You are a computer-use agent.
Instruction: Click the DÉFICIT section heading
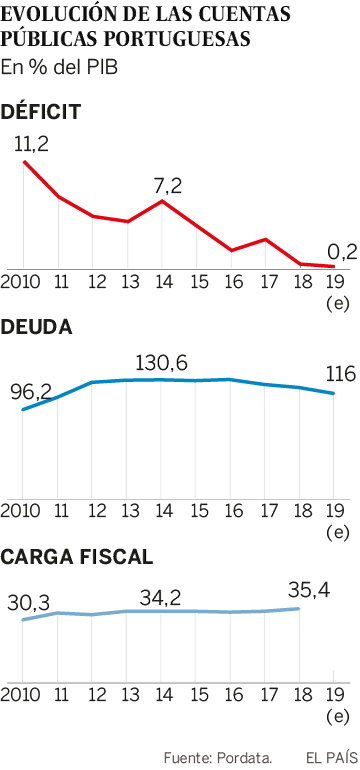pos(41,111)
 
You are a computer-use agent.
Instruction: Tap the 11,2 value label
pos(31,143)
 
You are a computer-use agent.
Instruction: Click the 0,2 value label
pos(342,251)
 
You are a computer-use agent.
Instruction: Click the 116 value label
pos(340,375)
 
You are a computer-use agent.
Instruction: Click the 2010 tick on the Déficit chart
pos(22,282)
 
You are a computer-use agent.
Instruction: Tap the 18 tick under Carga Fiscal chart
pos(298,695)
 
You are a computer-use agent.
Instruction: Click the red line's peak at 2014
pos(162,201)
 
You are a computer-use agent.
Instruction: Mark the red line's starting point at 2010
pos(23,161)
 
